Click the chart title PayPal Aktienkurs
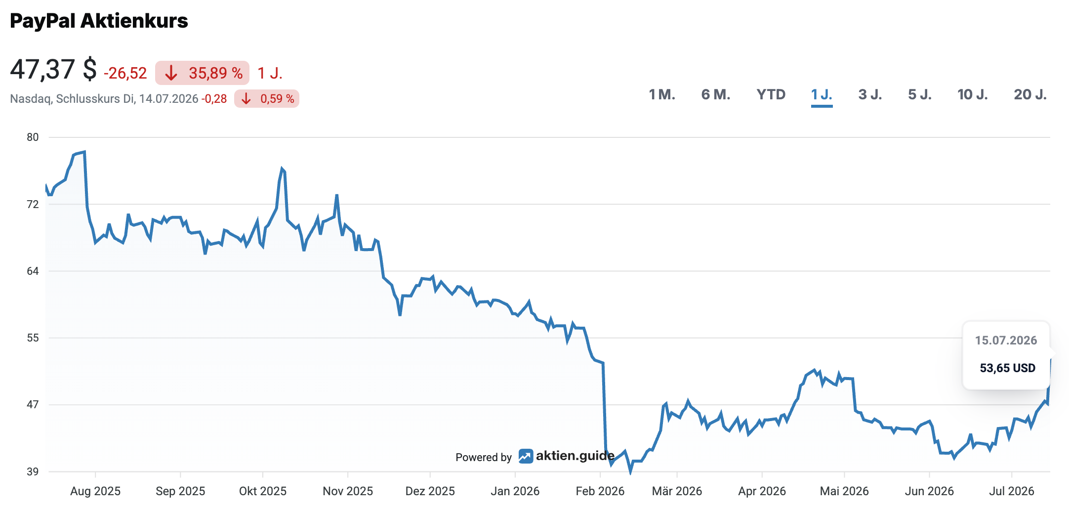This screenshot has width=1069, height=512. (99, 21)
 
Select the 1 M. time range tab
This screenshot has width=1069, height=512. (662, 94)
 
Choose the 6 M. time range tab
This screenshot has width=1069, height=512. (716, 94)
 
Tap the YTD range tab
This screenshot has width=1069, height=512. (771, 94)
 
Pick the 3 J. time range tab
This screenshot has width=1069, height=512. (870, 94)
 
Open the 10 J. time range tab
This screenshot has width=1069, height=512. (973, 94)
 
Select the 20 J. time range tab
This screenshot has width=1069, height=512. (1030, 94)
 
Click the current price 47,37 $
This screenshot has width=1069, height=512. (53, 69)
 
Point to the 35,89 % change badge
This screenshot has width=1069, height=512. (202, 73)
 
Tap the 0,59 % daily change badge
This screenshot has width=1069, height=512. (267, 99)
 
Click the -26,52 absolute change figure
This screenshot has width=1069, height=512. (125, 74)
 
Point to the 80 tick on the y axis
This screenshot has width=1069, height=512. (33, 137)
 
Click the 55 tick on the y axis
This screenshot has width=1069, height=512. (33, 338)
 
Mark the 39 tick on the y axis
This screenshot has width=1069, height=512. (33, 471)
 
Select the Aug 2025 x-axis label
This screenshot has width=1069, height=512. (95, 491)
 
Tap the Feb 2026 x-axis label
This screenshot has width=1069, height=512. (600, 491)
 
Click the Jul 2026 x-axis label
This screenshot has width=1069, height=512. (1012, 491)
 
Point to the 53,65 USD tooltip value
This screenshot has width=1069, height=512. (1008, 368)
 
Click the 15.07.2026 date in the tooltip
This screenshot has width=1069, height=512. (1006, 341)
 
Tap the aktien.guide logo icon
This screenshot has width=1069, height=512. (526, 456)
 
